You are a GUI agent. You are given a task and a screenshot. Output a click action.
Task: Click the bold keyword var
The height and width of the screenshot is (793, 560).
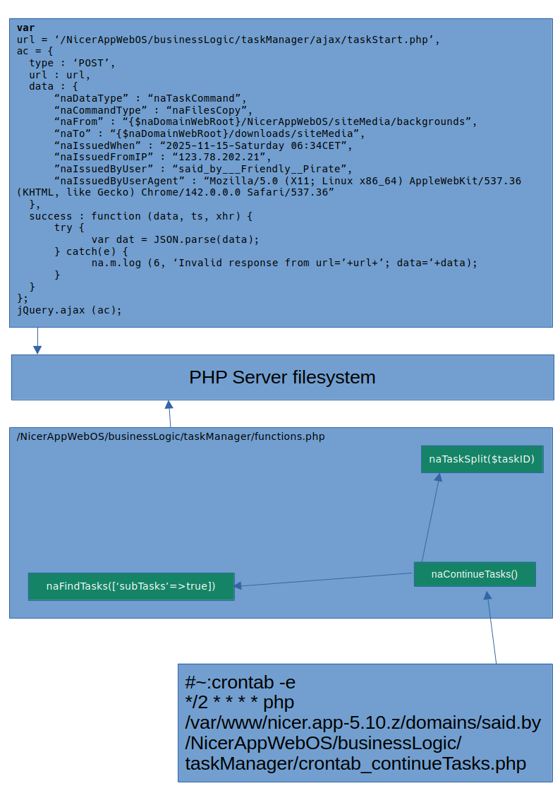pyautogui.click(x=25, y=28)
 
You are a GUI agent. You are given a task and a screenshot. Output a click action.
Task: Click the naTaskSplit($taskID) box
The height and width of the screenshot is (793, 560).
pyautogui.click(x=482, y=460)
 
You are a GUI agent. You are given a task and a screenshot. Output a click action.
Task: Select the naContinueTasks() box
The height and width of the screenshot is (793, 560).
pyautogui.click(x=475, y=574)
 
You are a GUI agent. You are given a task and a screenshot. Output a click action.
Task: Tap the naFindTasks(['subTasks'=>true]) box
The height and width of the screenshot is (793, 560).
pyautogui.click(x=130, y=586)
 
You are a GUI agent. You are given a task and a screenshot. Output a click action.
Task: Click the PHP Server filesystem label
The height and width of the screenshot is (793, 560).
pyautogui.click(x=282, y=377)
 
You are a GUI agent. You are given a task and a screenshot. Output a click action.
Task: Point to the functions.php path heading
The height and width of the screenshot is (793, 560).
pyautogui.click(x=171, y=436)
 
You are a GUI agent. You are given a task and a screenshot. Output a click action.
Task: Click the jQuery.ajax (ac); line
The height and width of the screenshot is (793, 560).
pyautogui.click(x=69, y=310)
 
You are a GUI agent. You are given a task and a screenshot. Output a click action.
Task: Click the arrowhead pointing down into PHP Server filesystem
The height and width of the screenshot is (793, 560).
pyautogui.click(x=37, y=349)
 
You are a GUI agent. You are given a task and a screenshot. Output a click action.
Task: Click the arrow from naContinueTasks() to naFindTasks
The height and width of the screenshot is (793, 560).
pyautogui.click(x=324, y=579)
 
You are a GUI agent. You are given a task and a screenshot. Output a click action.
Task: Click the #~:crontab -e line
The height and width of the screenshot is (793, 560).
pyautogui.click(x=240, y=683)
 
